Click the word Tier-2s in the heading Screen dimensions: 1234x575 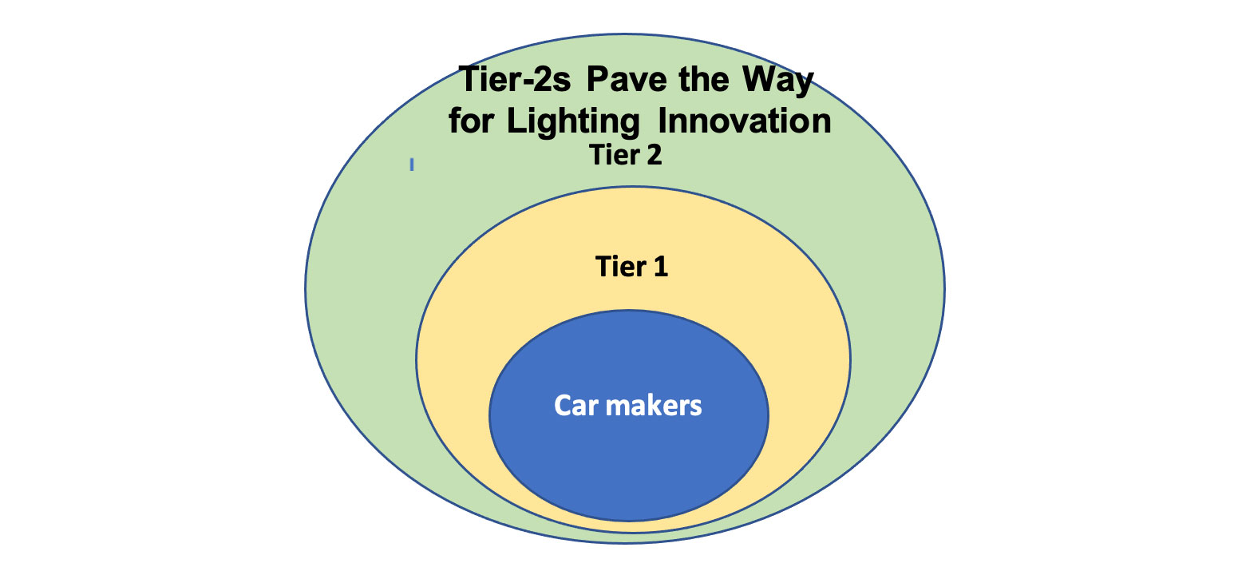(515, 79)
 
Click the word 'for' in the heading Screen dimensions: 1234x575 (471, 120)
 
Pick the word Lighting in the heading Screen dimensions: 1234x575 (573, 122)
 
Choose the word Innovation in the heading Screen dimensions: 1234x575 (745, 120)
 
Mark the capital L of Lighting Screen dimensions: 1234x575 (517, 120)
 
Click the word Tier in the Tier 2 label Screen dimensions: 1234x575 (615, 155)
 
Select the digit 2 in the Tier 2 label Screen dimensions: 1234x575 (654, 155)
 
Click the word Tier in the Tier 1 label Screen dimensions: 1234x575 (620, 267)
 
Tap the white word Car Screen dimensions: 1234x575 (576, 406)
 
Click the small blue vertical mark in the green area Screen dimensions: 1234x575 (412, 165)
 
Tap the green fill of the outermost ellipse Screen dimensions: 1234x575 (358, 287)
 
